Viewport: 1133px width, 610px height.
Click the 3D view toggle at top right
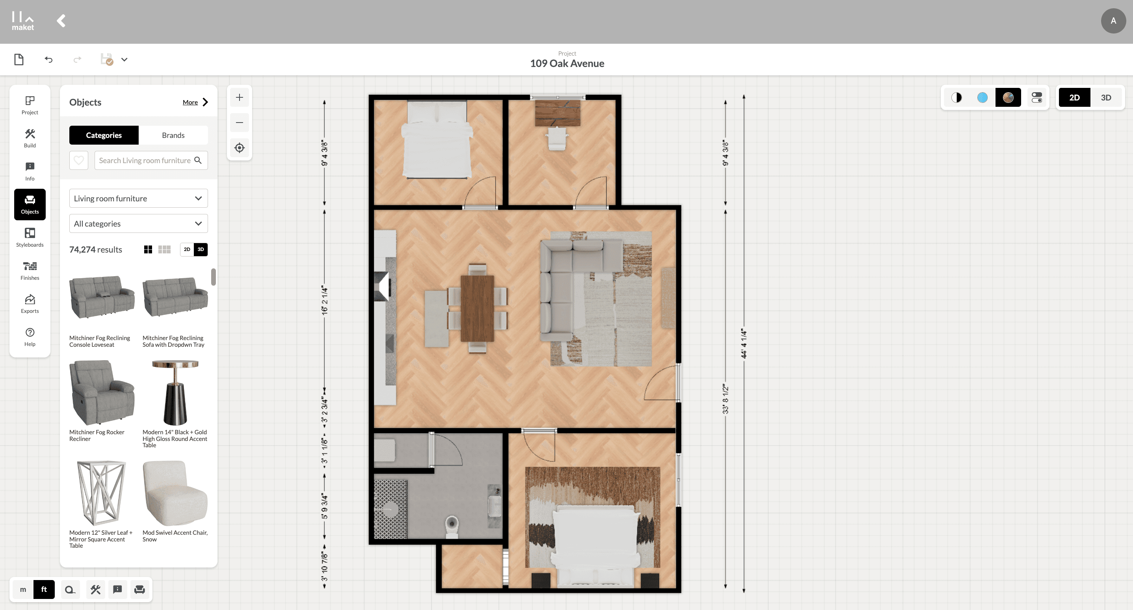[1106, 98]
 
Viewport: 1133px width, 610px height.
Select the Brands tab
[173, 135]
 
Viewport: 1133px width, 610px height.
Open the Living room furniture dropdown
[138, 198]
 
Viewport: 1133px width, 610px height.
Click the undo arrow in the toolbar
[48, 60]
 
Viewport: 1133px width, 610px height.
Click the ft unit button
[44, 590]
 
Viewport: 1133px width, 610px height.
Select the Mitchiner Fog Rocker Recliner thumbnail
[102, 393]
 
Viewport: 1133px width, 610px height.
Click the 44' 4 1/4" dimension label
[744, 344]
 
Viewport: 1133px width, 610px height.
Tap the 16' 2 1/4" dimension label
[325, 300]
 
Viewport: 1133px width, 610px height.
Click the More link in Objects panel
[190, 102]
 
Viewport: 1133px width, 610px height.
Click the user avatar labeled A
[1113, 20]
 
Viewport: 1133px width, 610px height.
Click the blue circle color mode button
[982, 98]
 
